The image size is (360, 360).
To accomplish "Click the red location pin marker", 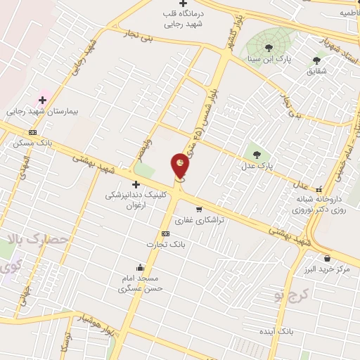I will [181, 167].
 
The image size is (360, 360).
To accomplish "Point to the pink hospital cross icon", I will [43, 101].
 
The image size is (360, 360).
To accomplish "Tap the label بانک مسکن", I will [29, 143].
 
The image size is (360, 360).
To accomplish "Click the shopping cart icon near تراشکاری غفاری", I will [199, 209].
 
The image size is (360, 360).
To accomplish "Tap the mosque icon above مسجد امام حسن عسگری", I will [141, 267].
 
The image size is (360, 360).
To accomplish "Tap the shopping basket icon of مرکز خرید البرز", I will [327, 258].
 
